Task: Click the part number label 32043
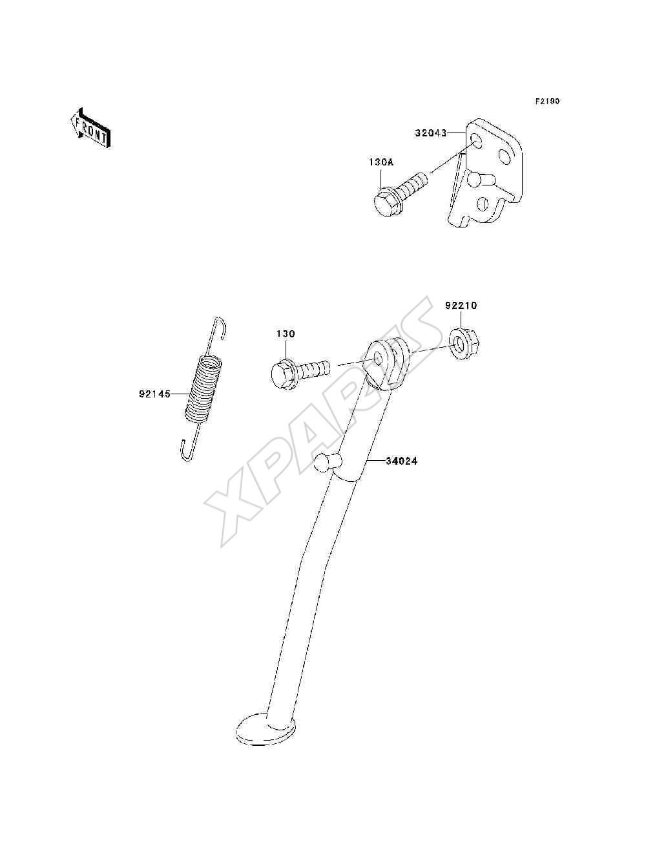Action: tap(431, 133)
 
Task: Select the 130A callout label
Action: tap(381, 162)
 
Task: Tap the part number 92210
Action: tap(461, 306)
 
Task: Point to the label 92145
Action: tap(154, 394)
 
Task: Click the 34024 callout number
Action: tap(402, 461)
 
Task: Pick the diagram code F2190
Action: tap(547, 101)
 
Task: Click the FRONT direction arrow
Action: tap(90, 127)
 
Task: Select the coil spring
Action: tap(203, 388)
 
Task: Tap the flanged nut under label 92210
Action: tap(464, 343)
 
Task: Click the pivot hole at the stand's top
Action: tap(379, 359)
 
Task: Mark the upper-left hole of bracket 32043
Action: tap(477, 142)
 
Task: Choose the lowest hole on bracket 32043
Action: tap(483, 204)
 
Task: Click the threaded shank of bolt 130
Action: tap(313, 367)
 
